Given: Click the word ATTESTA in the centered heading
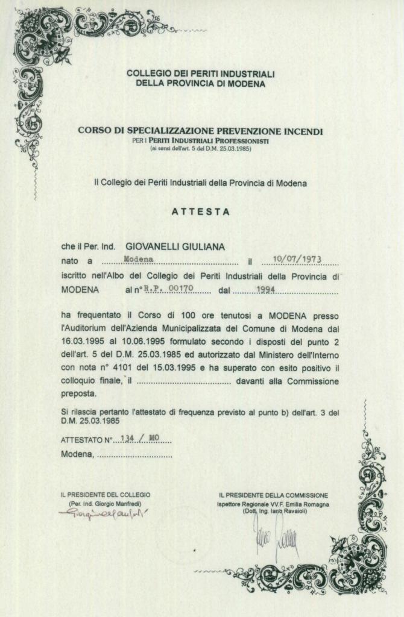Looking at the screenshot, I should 201,212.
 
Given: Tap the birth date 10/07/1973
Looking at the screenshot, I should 297,260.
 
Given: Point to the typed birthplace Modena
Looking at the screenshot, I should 138,259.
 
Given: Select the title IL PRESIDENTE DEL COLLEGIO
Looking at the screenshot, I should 105,495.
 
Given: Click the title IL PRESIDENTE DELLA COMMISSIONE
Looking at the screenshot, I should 274,495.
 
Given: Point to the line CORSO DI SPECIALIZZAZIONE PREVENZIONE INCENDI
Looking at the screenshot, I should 201,131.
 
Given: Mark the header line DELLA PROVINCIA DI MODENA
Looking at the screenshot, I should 201,83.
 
